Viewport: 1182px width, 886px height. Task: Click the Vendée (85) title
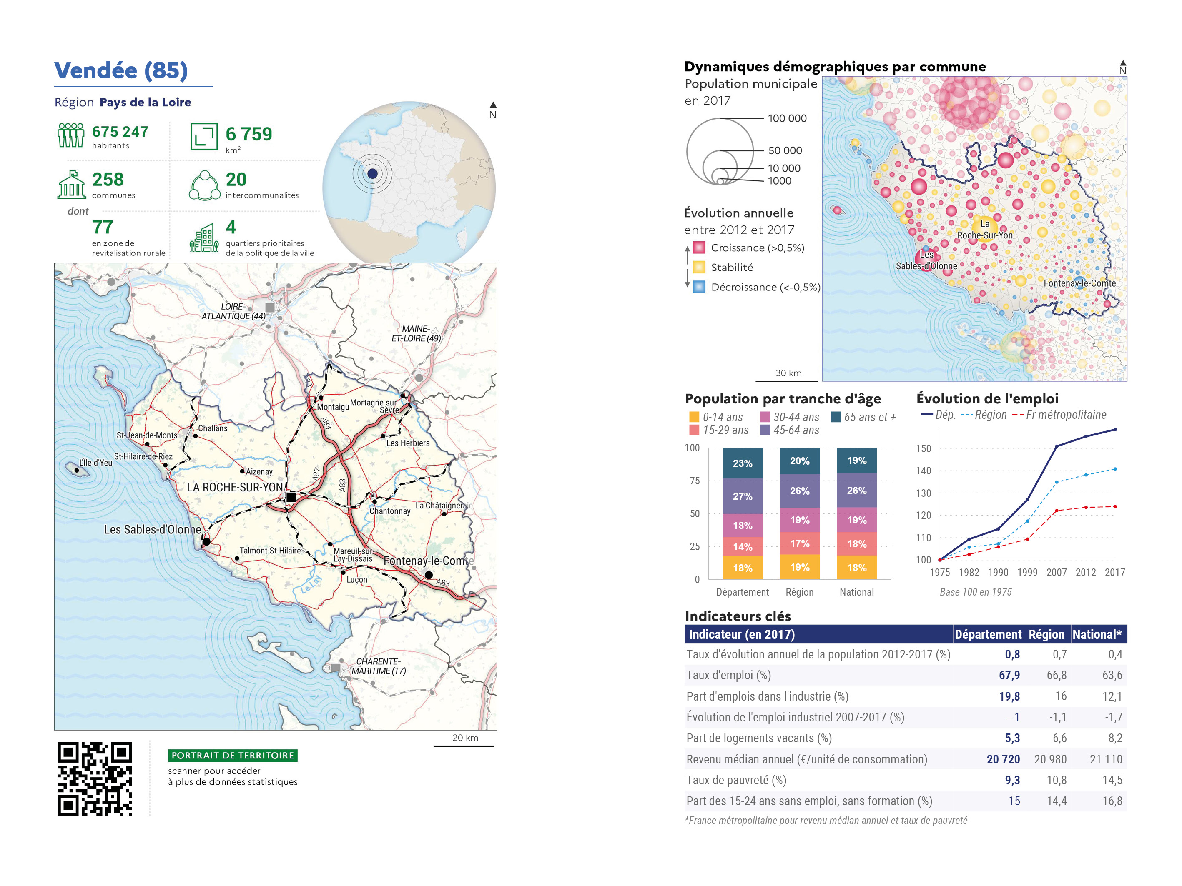(x=121, y=70)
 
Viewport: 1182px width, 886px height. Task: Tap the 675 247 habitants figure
(x=120, y=132)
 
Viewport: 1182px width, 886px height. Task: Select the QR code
(x=95, y=778)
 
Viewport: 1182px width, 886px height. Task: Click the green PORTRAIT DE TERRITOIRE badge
(x=233, y=755)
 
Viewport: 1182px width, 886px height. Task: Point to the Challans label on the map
(x=213, y=428)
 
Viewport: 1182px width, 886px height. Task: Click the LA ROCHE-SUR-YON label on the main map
(x=235, y=487)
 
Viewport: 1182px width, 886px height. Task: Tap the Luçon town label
(x=356, y=579)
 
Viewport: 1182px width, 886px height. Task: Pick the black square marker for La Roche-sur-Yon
(x=291, y=497)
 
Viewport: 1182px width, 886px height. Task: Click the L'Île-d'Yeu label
(x=95, y=463)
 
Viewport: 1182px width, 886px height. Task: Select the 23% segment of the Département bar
(x=742, y=463)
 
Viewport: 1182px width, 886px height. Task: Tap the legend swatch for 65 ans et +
(x=836, y=417)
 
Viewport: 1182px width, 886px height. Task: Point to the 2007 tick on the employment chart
(x=1056, y=572)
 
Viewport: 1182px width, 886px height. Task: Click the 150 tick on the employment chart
(x=924, y=448)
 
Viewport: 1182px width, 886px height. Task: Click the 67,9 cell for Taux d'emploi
(x=1009, y=675)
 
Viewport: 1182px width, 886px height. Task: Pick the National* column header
(x=1097, y=634)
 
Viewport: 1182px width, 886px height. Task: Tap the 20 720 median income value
(x=1003, y=759)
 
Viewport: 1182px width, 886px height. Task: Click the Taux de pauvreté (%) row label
(x=736, y=780)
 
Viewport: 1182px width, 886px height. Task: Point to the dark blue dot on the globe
(x=372, y=173)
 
